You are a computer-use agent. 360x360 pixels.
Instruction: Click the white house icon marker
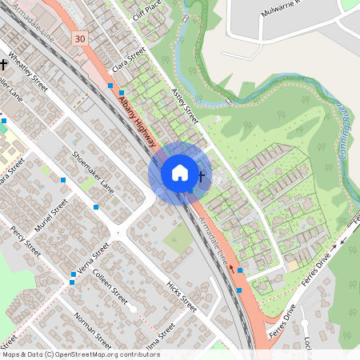click(x=180, y=173)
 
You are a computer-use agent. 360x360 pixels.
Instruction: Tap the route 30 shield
click(x=78, y=38)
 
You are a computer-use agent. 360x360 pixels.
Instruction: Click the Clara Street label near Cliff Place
click(x=129, y=60)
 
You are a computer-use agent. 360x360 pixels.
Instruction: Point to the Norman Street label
click(x=90, y=329)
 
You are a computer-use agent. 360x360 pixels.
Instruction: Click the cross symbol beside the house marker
click(x=202, y=176)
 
